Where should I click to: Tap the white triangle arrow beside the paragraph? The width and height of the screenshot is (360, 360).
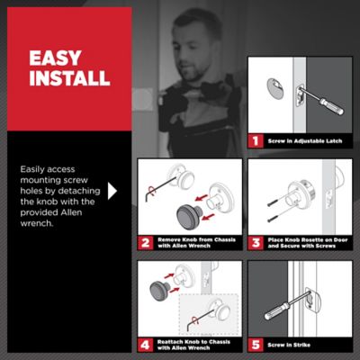click(x=112, y=191)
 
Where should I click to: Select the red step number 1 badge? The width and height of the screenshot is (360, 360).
click(x=255, y=141)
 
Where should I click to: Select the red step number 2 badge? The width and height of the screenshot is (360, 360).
click(x=145, y=242)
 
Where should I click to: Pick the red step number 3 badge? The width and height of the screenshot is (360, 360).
click(x=255, y=242)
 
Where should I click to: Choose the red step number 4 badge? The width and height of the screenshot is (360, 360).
click(x=145, y=343)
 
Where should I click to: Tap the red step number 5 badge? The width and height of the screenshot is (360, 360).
click(x=255, y=343)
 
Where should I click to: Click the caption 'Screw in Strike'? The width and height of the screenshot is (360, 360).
click(x=288, y=343)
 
